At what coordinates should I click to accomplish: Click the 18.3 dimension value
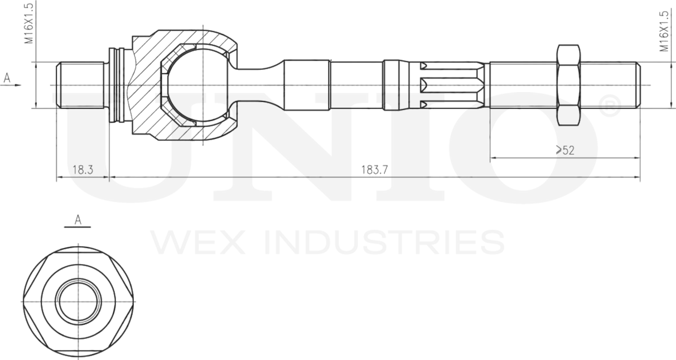[x=83, y=170]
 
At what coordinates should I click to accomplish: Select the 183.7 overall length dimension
[x=374, y=170]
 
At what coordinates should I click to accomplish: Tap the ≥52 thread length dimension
[x=564, y=150]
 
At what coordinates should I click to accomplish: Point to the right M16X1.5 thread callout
[x=663, y=31]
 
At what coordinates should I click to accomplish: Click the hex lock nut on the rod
[x=568, y=85]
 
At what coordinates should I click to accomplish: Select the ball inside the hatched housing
[x=197, y=85]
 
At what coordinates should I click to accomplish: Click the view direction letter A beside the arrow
[x=7, y=78]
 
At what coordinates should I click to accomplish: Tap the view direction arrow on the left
[x=16, y=85]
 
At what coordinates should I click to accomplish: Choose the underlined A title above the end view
[x=78, y=220]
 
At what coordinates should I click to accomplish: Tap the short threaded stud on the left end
[x=81, y=85]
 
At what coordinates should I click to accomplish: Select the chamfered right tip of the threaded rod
[x=638, y=85]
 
